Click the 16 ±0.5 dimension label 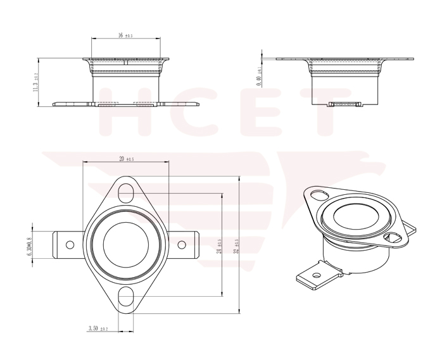click(125, 35)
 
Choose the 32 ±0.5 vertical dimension click(236, 245)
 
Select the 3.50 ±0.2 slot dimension click(99, 328)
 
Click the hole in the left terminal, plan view click(70, 245)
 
